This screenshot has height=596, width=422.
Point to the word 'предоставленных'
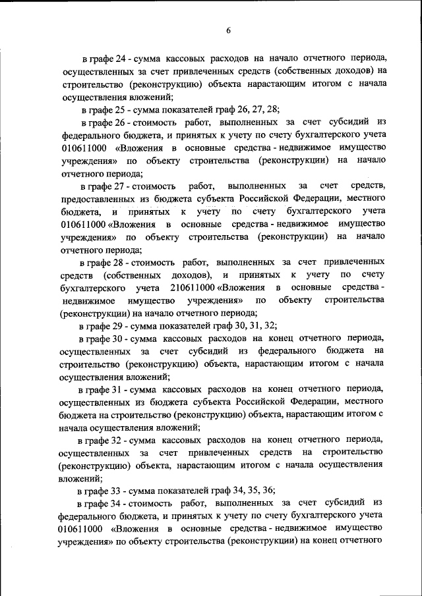[x=100, y=199]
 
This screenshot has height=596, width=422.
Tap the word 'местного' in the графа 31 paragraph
[x=364, y=402]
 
